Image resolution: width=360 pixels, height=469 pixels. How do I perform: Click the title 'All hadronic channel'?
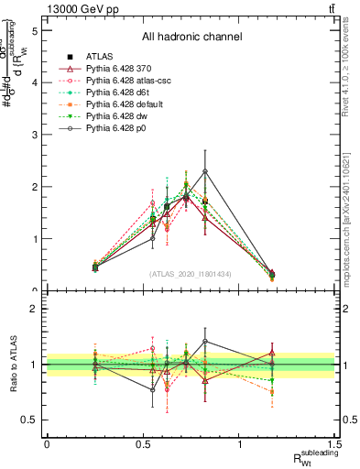click(191, 38)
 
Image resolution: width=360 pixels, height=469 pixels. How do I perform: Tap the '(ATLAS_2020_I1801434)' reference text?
click(191, 273)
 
